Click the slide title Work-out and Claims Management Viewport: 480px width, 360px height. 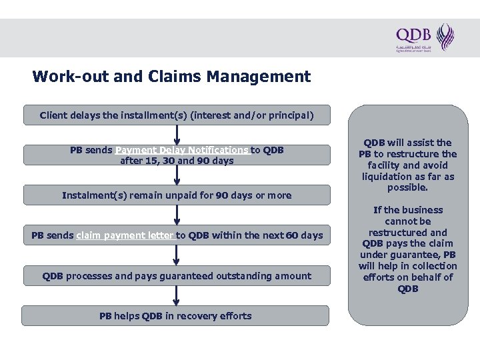(171, 77)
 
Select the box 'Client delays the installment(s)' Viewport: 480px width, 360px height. (177, 115)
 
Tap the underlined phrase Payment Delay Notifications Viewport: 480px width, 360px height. (182, 150)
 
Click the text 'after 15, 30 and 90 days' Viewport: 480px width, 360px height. (177, 161)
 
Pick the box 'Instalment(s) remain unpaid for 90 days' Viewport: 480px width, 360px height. (177, 195)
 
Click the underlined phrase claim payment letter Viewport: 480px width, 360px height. (125, 235)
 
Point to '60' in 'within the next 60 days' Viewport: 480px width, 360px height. (292, 235)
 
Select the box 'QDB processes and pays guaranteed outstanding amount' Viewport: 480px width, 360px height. (177, 275)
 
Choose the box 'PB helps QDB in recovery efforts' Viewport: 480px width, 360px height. (175, 315)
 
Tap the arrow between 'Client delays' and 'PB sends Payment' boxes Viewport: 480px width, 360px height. (177, 135)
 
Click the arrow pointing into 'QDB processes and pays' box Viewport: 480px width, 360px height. (177, 256)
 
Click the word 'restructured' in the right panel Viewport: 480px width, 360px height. (407, 233)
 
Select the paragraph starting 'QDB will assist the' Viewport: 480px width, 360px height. (407, 165)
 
